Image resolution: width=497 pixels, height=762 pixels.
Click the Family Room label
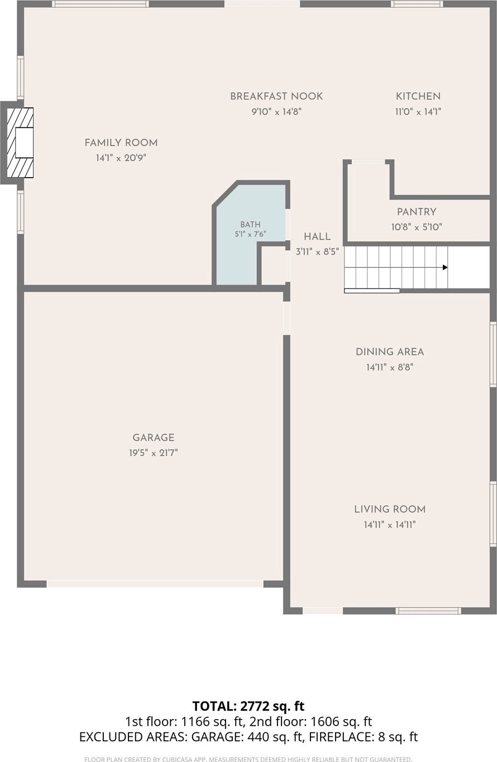coord(121,143)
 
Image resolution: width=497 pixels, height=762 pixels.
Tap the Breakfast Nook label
coord(276,96)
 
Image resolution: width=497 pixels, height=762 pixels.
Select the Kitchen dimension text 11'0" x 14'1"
coord(418,112)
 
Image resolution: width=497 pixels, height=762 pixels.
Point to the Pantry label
coord(417,212)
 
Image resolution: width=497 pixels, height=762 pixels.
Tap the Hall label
coord(317,237)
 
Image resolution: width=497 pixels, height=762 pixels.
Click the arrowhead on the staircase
coord(445,268)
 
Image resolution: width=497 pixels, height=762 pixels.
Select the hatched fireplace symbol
coord(20,142)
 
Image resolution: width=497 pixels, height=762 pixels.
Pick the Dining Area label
coord(390,352)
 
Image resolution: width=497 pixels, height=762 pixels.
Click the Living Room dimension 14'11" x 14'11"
coord(390,525)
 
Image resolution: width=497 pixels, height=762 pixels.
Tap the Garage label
coord(154,437)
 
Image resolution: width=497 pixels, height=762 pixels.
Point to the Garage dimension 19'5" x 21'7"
coord(154,453)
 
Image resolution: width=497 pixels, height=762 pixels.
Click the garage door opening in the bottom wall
coord(155,584)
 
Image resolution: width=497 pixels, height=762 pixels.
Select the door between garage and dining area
coord(286,318)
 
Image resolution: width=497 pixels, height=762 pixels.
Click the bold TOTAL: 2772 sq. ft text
coord(248,706)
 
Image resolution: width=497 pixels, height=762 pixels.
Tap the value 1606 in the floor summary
coord(326,722)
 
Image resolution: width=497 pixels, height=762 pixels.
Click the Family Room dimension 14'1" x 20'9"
coord(121,158)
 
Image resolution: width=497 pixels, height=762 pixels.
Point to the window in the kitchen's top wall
coord(417,4)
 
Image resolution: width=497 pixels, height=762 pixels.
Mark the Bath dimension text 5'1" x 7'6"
coord(250,234)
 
